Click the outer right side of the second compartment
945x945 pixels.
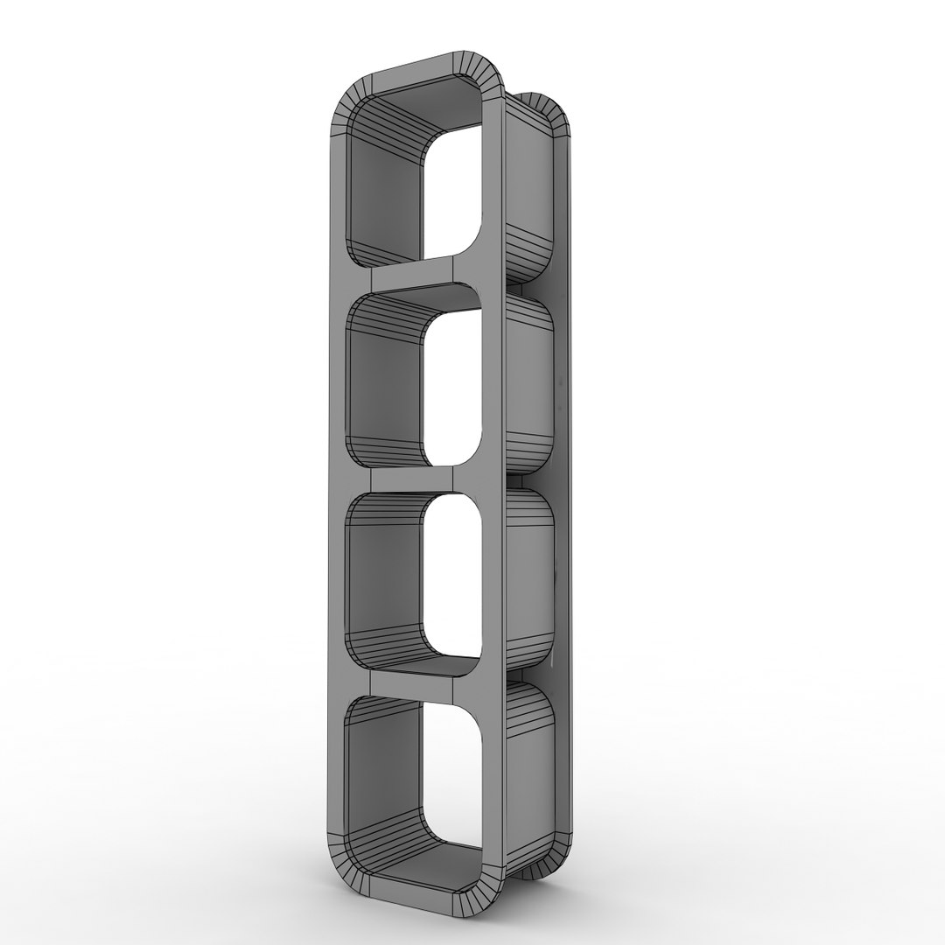coord(529,385)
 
